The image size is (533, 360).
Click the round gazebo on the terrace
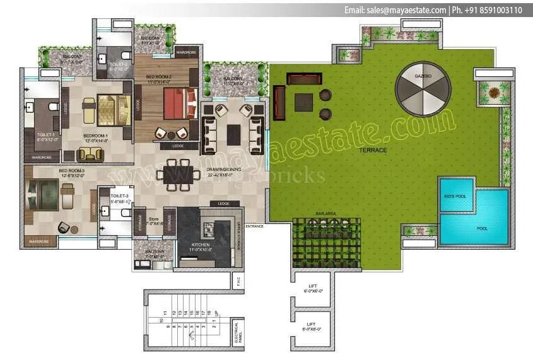423,88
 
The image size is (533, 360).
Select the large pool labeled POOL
482,228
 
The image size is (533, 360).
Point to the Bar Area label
326,214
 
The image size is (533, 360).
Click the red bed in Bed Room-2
176,103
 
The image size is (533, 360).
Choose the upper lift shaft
313,288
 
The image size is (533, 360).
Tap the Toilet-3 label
120,196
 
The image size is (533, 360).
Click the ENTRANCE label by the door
255,225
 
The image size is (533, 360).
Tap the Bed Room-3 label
71,171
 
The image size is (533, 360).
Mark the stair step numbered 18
209,312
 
